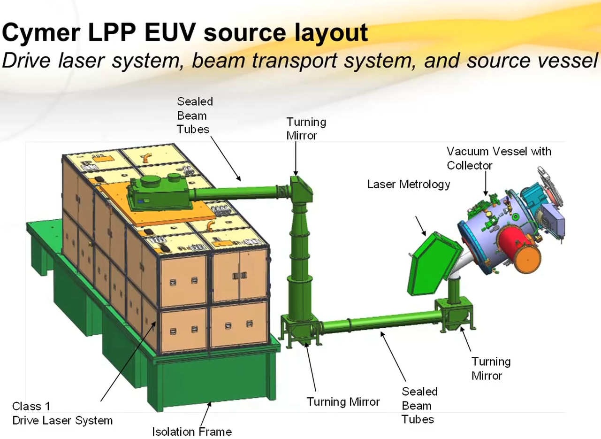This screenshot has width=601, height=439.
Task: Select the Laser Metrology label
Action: (408, 185)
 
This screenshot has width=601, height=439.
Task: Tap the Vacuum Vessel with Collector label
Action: (498, 158)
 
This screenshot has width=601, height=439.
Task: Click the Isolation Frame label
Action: (191, 431)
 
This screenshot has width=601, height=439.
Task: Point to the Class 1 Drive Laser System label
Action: (62, 413)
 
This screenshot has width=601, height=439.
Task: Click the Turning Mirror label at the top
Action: (306, 129)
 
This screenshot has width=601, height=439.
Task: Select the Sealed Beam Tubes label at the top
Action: (194, 116)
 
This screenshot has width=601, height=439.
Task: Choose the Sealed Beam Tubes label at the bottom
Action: (419, 405)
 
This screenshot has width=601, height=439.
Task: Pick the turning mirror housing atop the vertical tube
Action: (300, 185)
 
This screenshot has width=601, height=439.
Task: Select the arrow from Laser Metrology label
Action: (420, 225)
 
